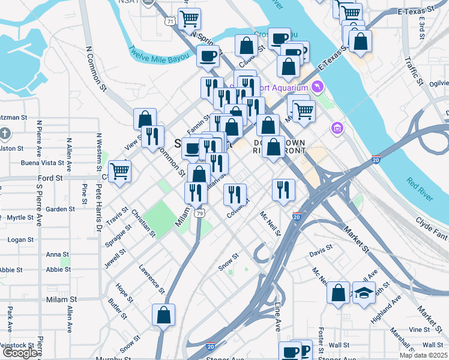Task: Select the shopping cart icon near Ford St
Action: pyautogui.click(x=119, y=171)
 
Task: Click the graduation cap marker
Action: pyautogui.click(x=363, y=293)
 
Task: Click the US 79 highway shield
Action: pyautogui.click(x=199, y=213)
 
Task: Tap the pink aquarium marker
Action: pyautogui.click(x=318, y=88)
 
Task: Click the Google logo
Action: pyautogui.click(x=20, y=353)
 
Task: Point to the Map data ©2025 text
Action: pyautogui.click(x=424, y=355)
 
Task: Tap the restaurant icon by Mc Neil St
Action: pyautogui.click(x=283, y=190)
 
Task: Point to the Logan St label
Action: pyautogui.click(x=20, y=239)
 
